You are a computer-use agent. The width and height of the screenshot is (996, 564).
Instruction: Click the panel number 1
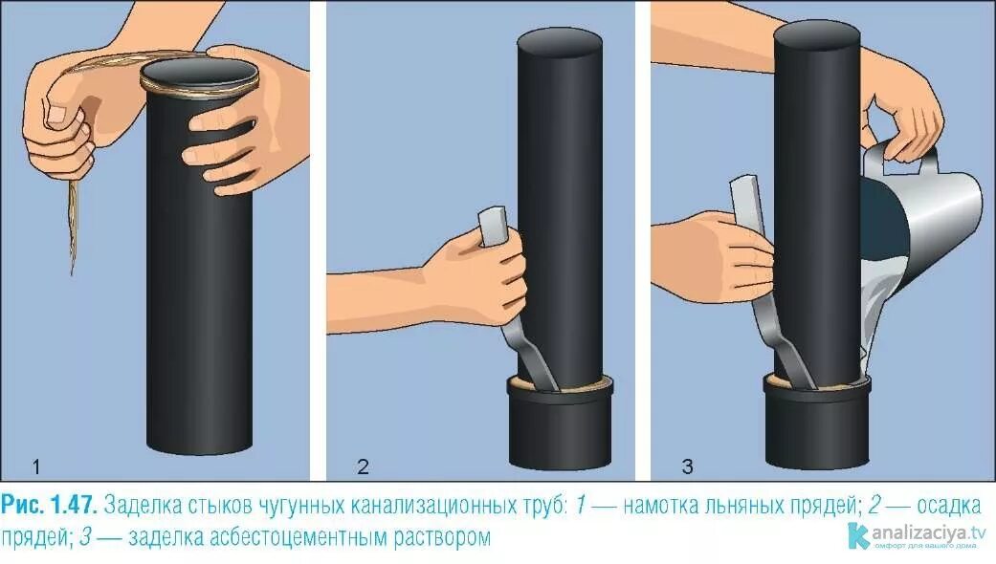[35, 466]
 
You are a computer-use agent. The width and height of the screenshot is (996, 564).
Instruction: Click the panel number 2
[363, 466]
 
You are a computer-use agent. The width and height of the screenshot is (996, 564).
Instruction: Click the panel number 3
[687, 466]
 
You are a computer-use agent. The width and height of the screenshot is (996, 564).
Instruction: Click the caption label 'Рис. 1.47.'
[50, 505]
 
